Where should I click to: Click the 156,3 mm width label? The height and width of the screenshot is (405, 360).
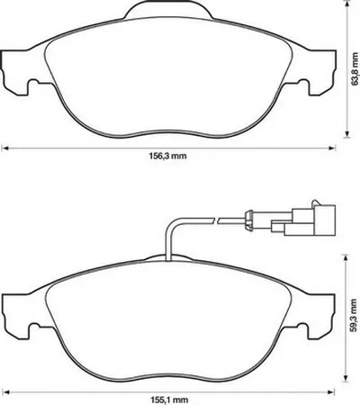point(167,156)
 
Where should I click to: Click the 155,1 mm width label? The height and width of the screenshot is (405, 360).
point(169,400)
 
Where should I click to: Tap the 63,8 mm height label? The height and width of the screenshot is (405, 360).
point(355,68)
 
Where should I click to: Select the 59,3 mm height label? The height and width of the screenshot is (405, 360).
point(355,315)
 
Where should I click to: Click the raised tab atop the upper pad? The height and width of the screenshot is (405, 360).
point(169,9)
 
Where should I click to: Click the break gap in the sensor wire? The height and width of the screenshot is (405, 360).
point(217,220)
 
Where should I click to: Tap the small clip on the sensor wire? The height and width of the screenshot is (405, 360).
point(248,220)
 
